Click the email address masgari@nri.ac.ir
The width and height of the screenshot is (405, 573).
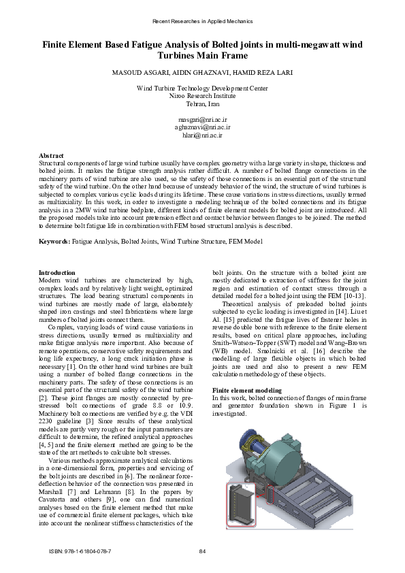(202, 119)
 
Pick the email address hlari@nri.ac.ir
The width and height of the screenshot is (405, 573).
(202, 135)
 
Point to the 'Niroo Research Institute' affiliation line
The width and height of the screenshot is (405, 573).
(202, 97)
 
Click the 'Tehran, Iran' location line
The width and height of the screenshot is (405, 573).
(202, 105)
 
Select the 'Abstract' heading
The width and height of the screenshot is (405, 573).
(52, 156)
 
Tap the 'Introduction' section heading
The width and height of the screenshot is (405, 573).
(57, 273)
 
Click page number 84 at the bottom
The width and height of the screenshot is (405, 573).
(202, 551)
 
